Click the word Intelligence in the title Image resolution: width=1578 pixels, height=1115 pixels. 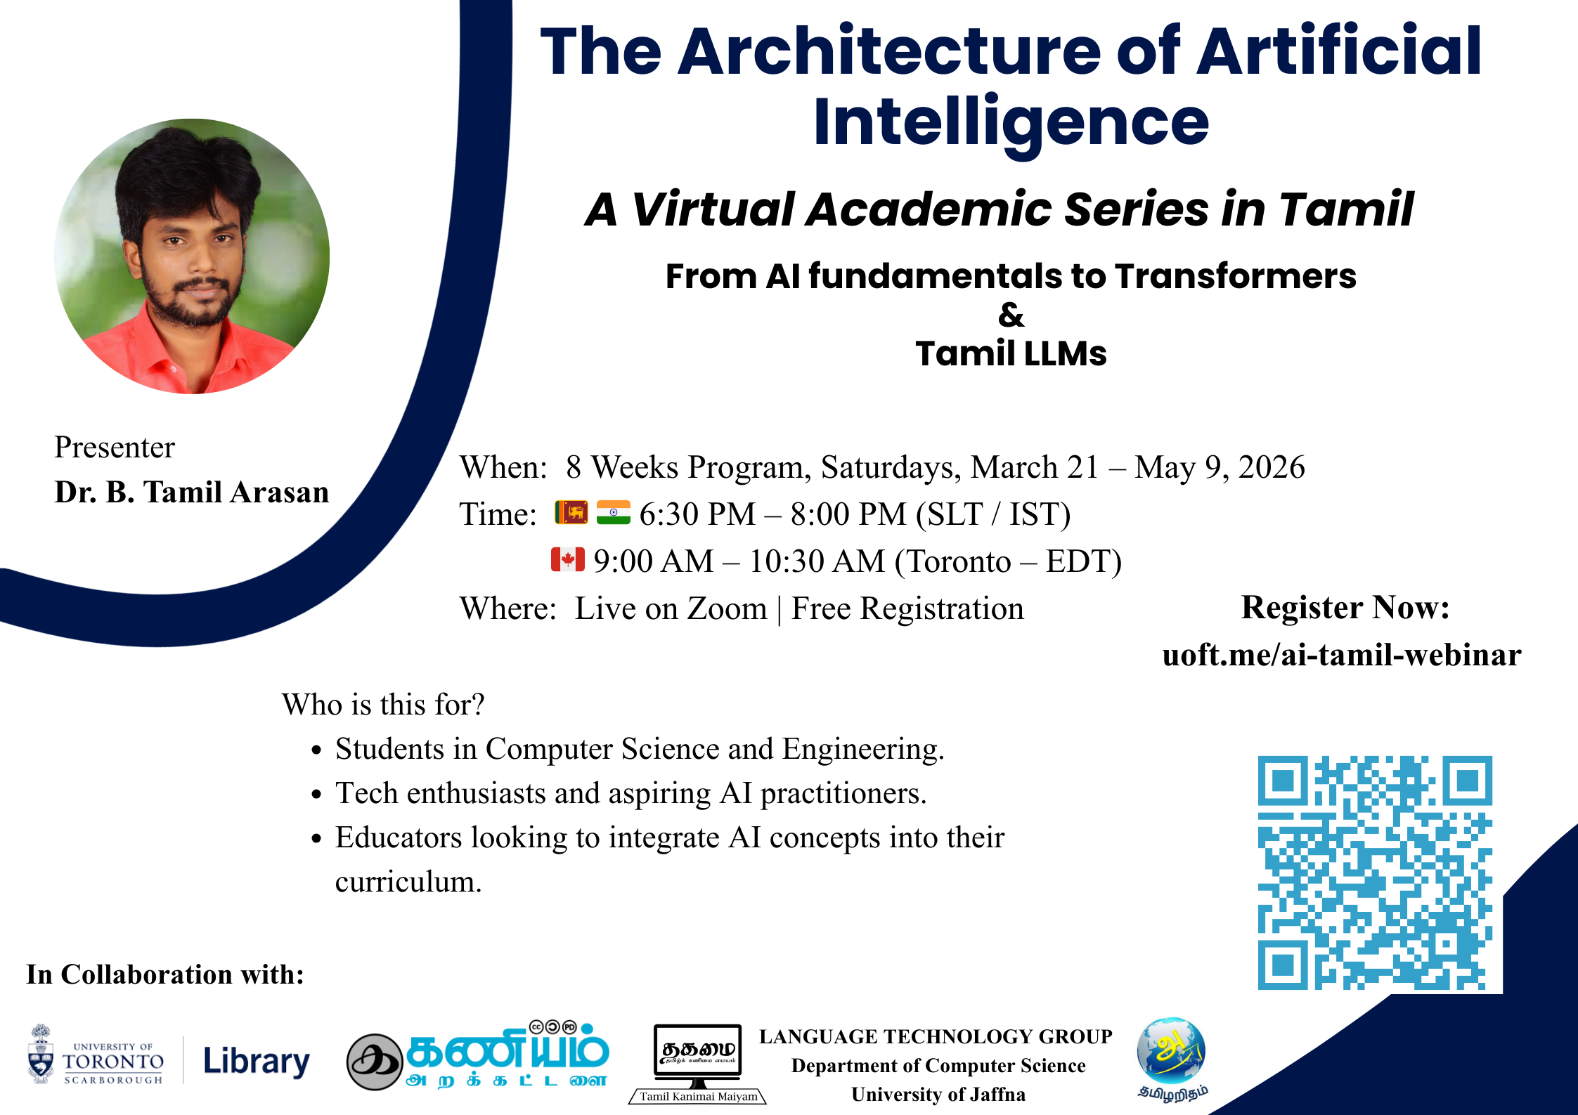tap(1011, 123)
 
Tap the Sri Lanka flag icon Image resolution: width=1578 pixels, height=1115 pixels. tap(571, 512)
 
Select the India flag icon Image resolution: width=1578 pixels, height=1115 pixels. tap(613, 512)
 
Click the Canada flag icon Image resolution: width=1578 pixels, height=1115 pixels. tap(568, 559)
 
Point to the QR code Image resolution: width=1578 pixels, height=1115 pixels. tap(1375, 873)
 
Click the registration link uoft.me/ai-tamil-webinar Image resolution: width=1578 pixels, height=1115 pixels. tap(1342, 655)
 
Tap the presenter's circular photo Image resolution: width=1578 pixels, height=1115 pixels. tap(192, 256)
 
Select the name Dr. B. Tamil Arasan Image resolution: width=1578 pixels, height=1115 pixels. tap(192, 492)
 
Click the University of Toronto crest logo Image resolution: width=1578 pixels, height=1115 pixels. tap(41, 1054)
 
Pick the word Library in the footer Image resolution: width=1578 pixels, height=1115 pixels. tap(257, 1062)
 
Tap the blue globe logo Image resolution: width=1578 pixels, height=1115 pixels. tap(1171, 1050)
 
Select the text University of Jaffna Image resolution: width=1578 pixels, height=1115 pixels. tap(938, 1094)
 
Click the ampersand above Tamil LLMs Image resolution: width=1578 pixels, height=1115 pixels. tap(1011, 315)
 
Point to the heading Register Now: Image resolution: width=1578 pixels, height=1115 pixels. tap(1345, 607)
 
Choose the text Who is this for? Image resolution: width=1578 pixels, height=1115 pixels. tap(384, 704)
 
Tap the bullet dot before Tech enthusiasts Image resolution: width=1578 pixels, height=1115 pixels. tap(317, 795)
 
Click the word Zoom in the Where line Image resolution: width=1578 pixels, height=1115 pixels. tap(727, 608)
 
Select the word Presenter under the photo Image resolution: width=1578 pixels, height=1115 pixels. tap(115, 447)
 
